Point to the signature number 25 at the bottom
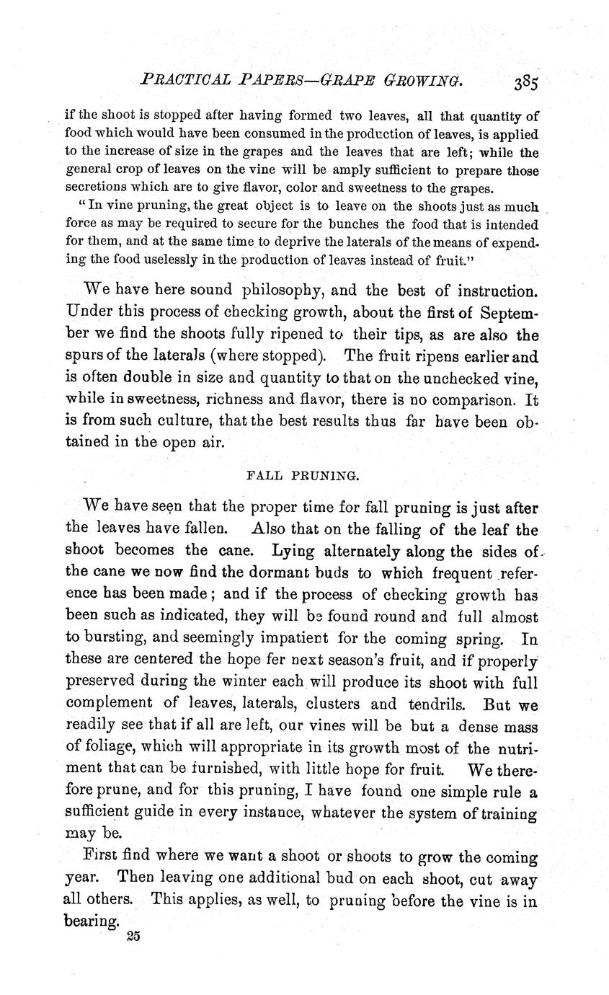coord(132,935)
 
